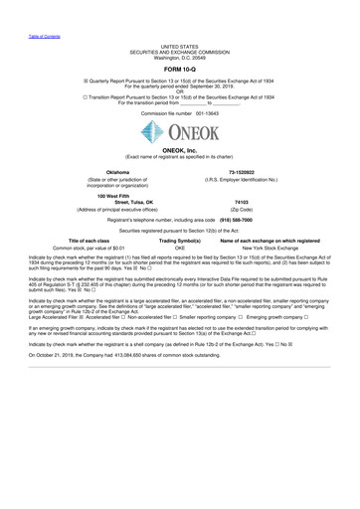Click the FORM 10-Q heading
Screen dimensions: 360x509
click(180, 69)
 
